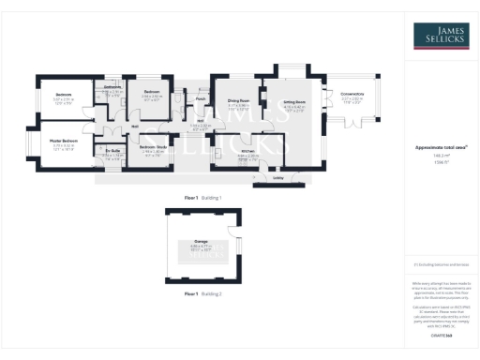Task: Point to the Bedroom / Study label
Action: tap(153, 147)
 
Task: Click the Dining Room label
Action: tap(238, 99)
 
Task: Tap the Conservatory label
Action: tap(352, 93)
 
